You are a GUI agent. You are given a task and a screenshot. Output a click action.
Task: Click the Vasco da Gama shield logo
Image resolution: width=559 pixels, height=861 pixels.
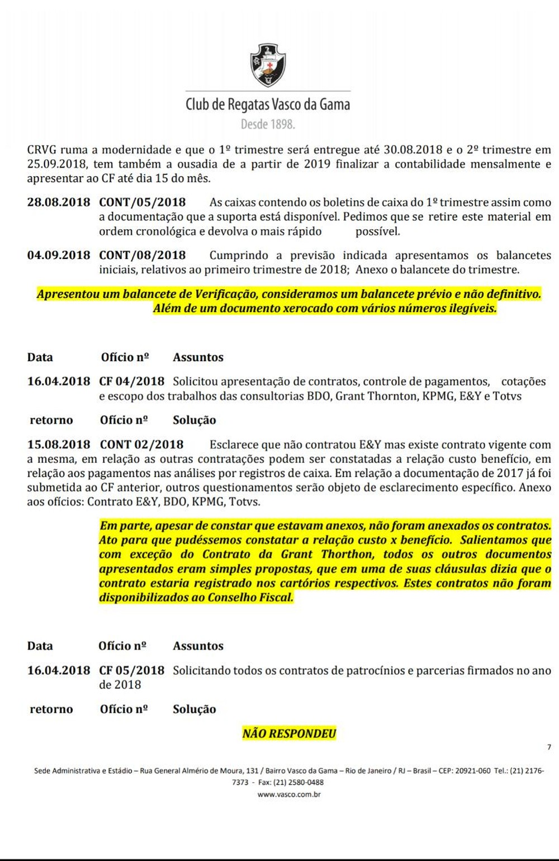(x=268, y=65)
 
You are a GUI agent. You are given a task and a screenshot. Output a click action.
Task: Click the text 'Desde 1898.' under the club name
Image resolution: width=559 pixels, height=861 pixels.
(x=268, y=124)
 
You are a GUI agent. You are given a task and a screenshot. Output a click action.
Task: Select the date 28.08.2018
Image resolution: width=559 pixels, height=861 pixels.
(x=59, y=202)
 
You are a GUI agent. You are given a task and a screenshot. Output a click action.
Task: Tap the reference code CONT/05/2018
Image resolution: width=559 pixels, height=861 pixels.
(x=143, y=202)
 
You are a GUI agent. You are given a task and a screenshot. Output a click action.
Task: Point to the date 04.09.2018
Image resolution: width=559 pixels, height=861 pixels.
(x=59, y=256)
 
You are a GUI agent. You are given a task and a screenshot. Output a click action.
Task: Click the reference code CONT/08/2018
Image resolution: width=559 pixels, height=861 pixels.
(x=143, y=256)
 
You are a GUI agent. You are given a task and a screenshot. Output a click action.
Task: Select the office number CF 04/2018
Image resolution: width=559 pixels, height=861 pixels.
(x=132, y=382)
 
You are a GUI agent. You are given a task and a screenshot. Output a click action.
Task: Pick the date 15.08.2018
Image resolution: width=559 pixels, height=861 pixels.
(x=59, y=445)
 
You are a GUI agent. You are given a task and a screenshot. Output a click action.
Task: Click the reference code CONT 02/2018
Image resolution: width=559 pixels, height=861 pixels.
(x=141, y=445)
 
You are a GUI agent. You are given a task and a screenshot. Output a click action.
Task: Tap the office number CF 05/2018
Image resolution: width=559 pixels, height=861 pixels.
(x=132, y=670)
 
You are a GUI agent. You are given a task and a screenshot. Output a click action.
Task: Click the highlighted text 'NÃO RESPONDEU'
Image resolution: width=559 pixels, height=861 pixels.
(x=289, y=734)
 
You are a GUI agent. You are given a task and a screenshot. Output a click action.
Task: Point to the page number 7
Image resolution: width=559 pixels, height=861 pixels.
(x=549, y=747)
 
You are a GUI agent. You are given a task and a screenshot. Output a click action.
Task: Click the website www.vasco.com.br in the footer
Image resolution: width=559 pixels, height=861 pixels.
(x=289, y=794)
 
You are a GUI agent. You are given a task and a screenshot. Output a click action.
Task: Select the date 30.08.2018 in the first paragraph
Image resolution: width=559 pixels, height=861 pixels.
(x=413, y=150)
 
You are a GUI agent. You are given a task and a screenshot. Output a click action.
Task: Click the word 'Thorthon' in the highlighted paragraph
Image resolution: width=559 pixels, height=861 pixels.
(x=347, y=555)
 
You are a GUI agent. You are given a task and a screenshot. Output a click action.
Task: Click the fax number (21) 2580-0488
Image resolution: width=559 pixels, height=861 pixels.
(x=299, y=782)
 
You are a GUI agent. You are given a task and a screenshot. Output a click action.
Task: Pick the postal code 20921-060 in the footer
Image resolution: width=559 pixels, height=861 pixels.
(x=473, y=770)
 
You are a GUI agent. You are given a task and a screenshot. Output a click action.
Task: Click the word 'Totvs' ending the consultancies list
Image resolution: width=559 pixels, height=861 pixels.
(x=507, y=396)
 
